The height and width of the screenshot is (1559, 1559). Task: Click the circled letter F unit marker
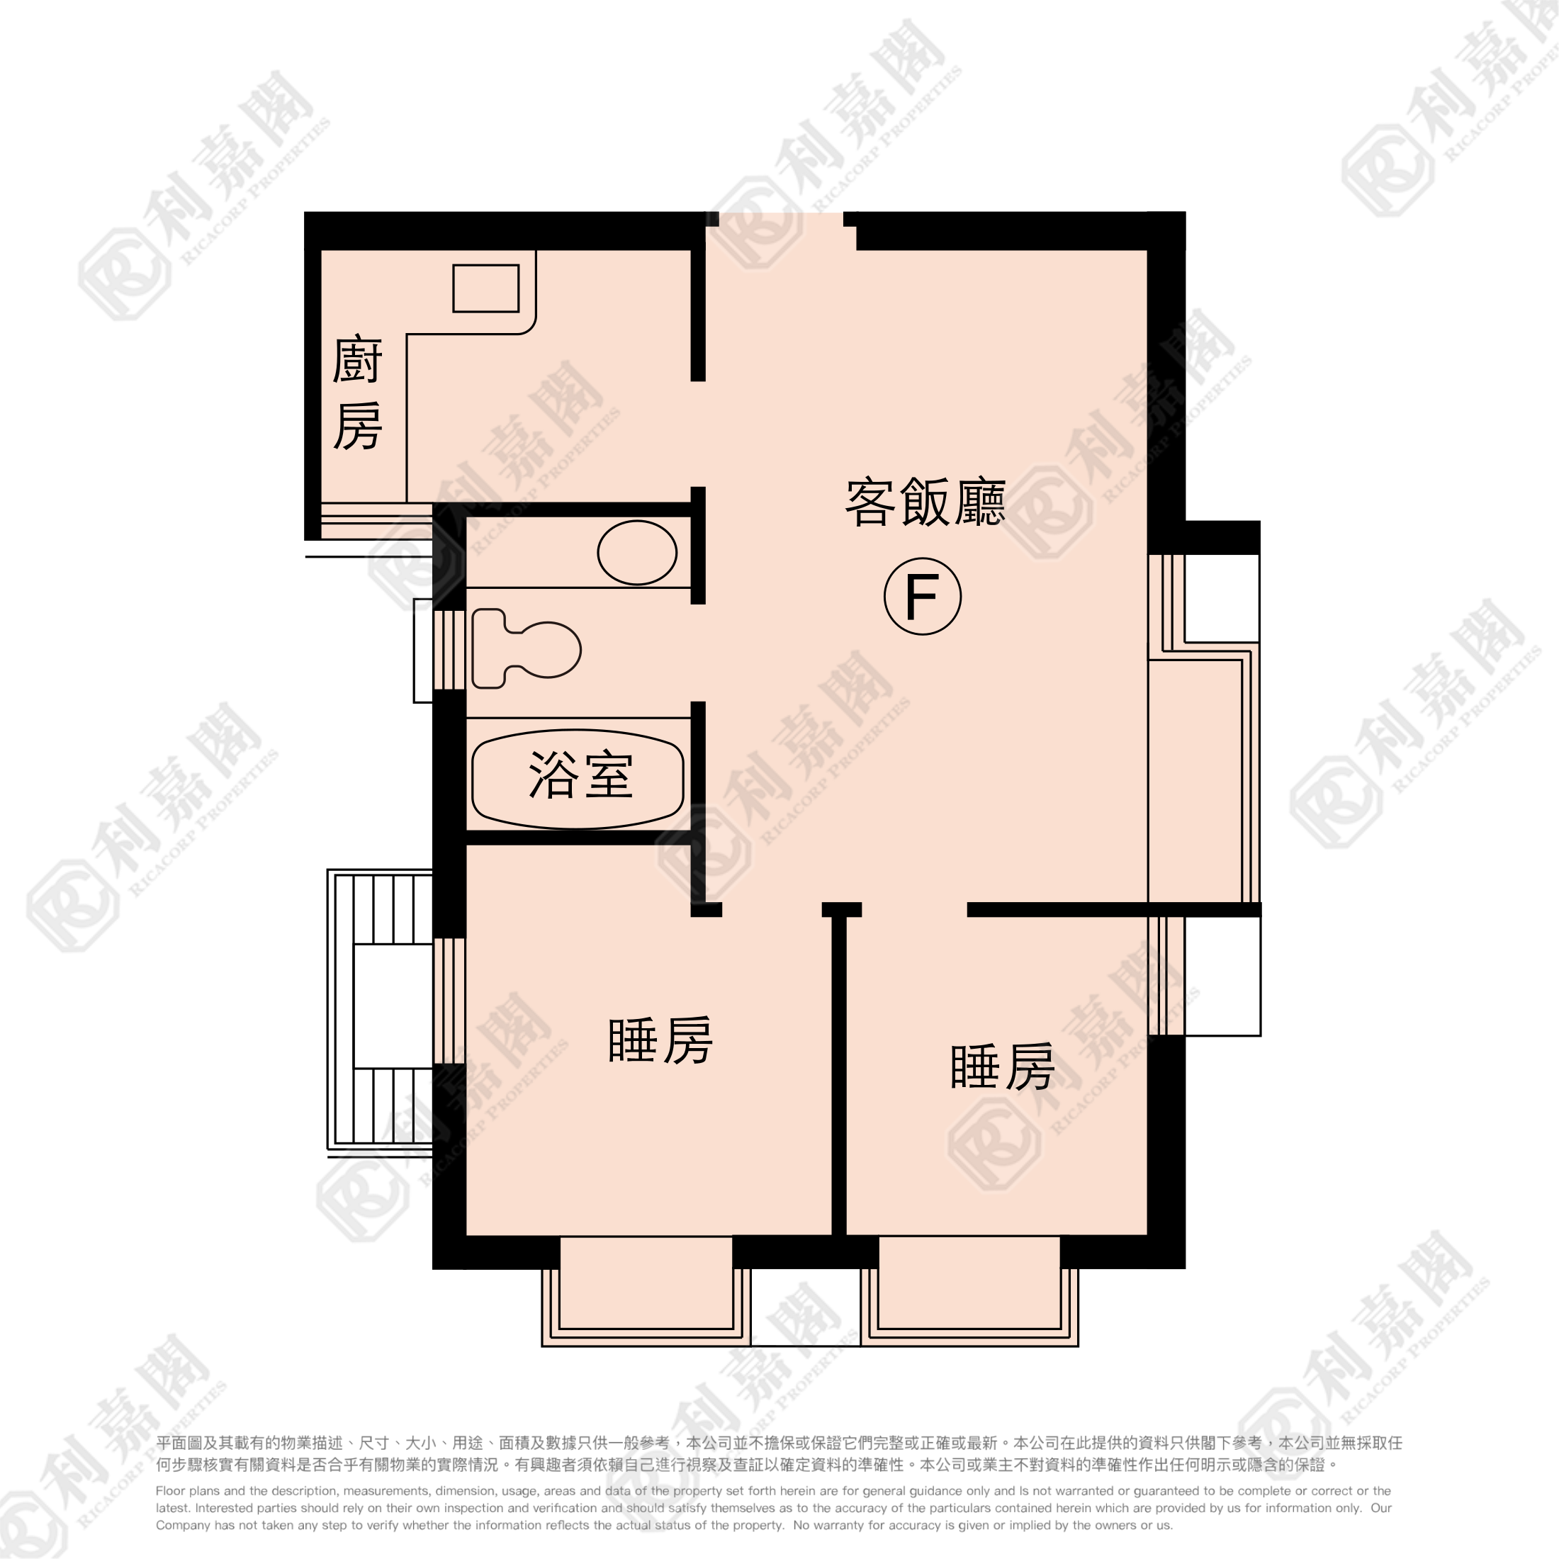(x=923, y=597)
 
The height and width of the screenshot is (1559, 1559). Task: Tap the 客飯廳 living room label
(x=925, y=502)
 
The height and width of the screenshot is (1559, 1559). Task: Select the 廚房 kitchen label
(x=356, y=393)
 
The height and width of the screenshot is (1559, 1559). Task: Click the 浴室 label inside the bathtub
(x=580, y=775)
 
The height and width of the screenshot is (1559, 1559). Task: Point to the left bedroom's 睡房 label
(x=660, y=1041)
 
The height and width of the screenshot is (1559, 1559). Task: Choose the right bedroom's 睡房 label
(x=1002, y=1066)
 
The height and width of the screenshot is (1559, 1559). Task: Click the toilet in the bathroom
(x=526, y=649)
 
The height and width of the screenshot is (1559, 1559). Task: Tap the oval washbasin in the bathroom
(x=636, y=553)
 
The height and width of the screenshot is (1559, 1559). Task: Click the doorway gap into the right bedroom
(x=914, y=909)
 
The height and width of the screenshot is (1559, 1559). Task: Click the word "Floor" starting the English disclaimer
(x=169, y=1491)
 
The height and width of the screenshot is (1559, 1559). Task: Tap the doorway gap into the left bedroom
(x=772, y=909)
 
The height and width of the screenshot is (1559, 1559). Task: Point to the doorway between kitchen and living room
(x=699, y=434)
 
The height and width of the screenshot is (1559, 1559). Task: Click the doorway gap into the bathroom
(x=699, y=653)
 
